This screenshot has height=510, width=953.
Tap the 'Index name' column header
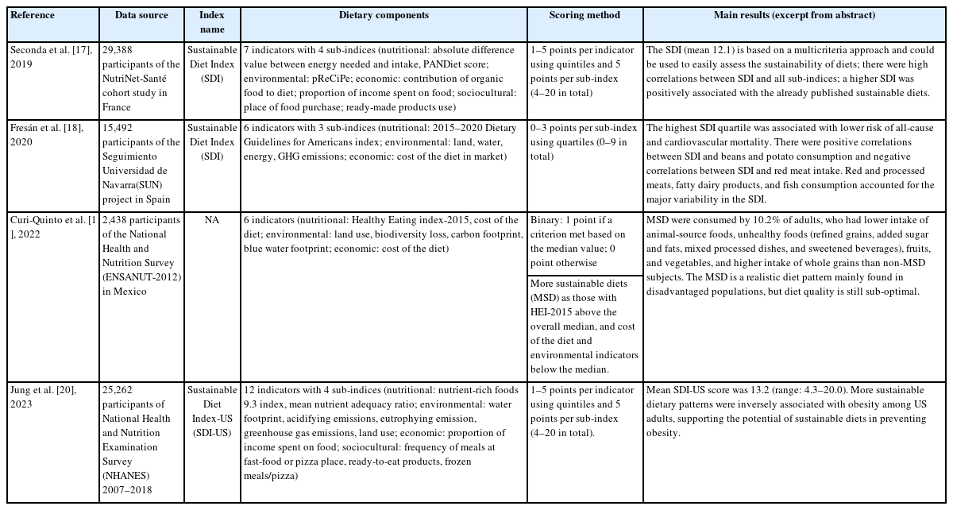click(x=211, y=21)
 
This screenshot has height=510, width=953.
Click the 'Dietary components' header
click(x=384, y=15)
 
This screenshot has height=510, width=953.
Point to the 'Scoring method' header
click(x=585, y=15)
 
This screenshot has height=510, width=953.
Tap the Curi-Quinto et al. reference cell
click(x=52, y=226)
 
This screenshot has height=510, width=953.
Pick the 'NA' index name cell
click(x=211, y=220)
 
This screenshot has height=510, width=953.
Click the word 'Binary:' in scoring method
click(x=546, y=220)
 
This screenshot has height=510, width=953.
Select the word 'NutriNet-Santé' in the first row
click(x=135, y=78)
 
